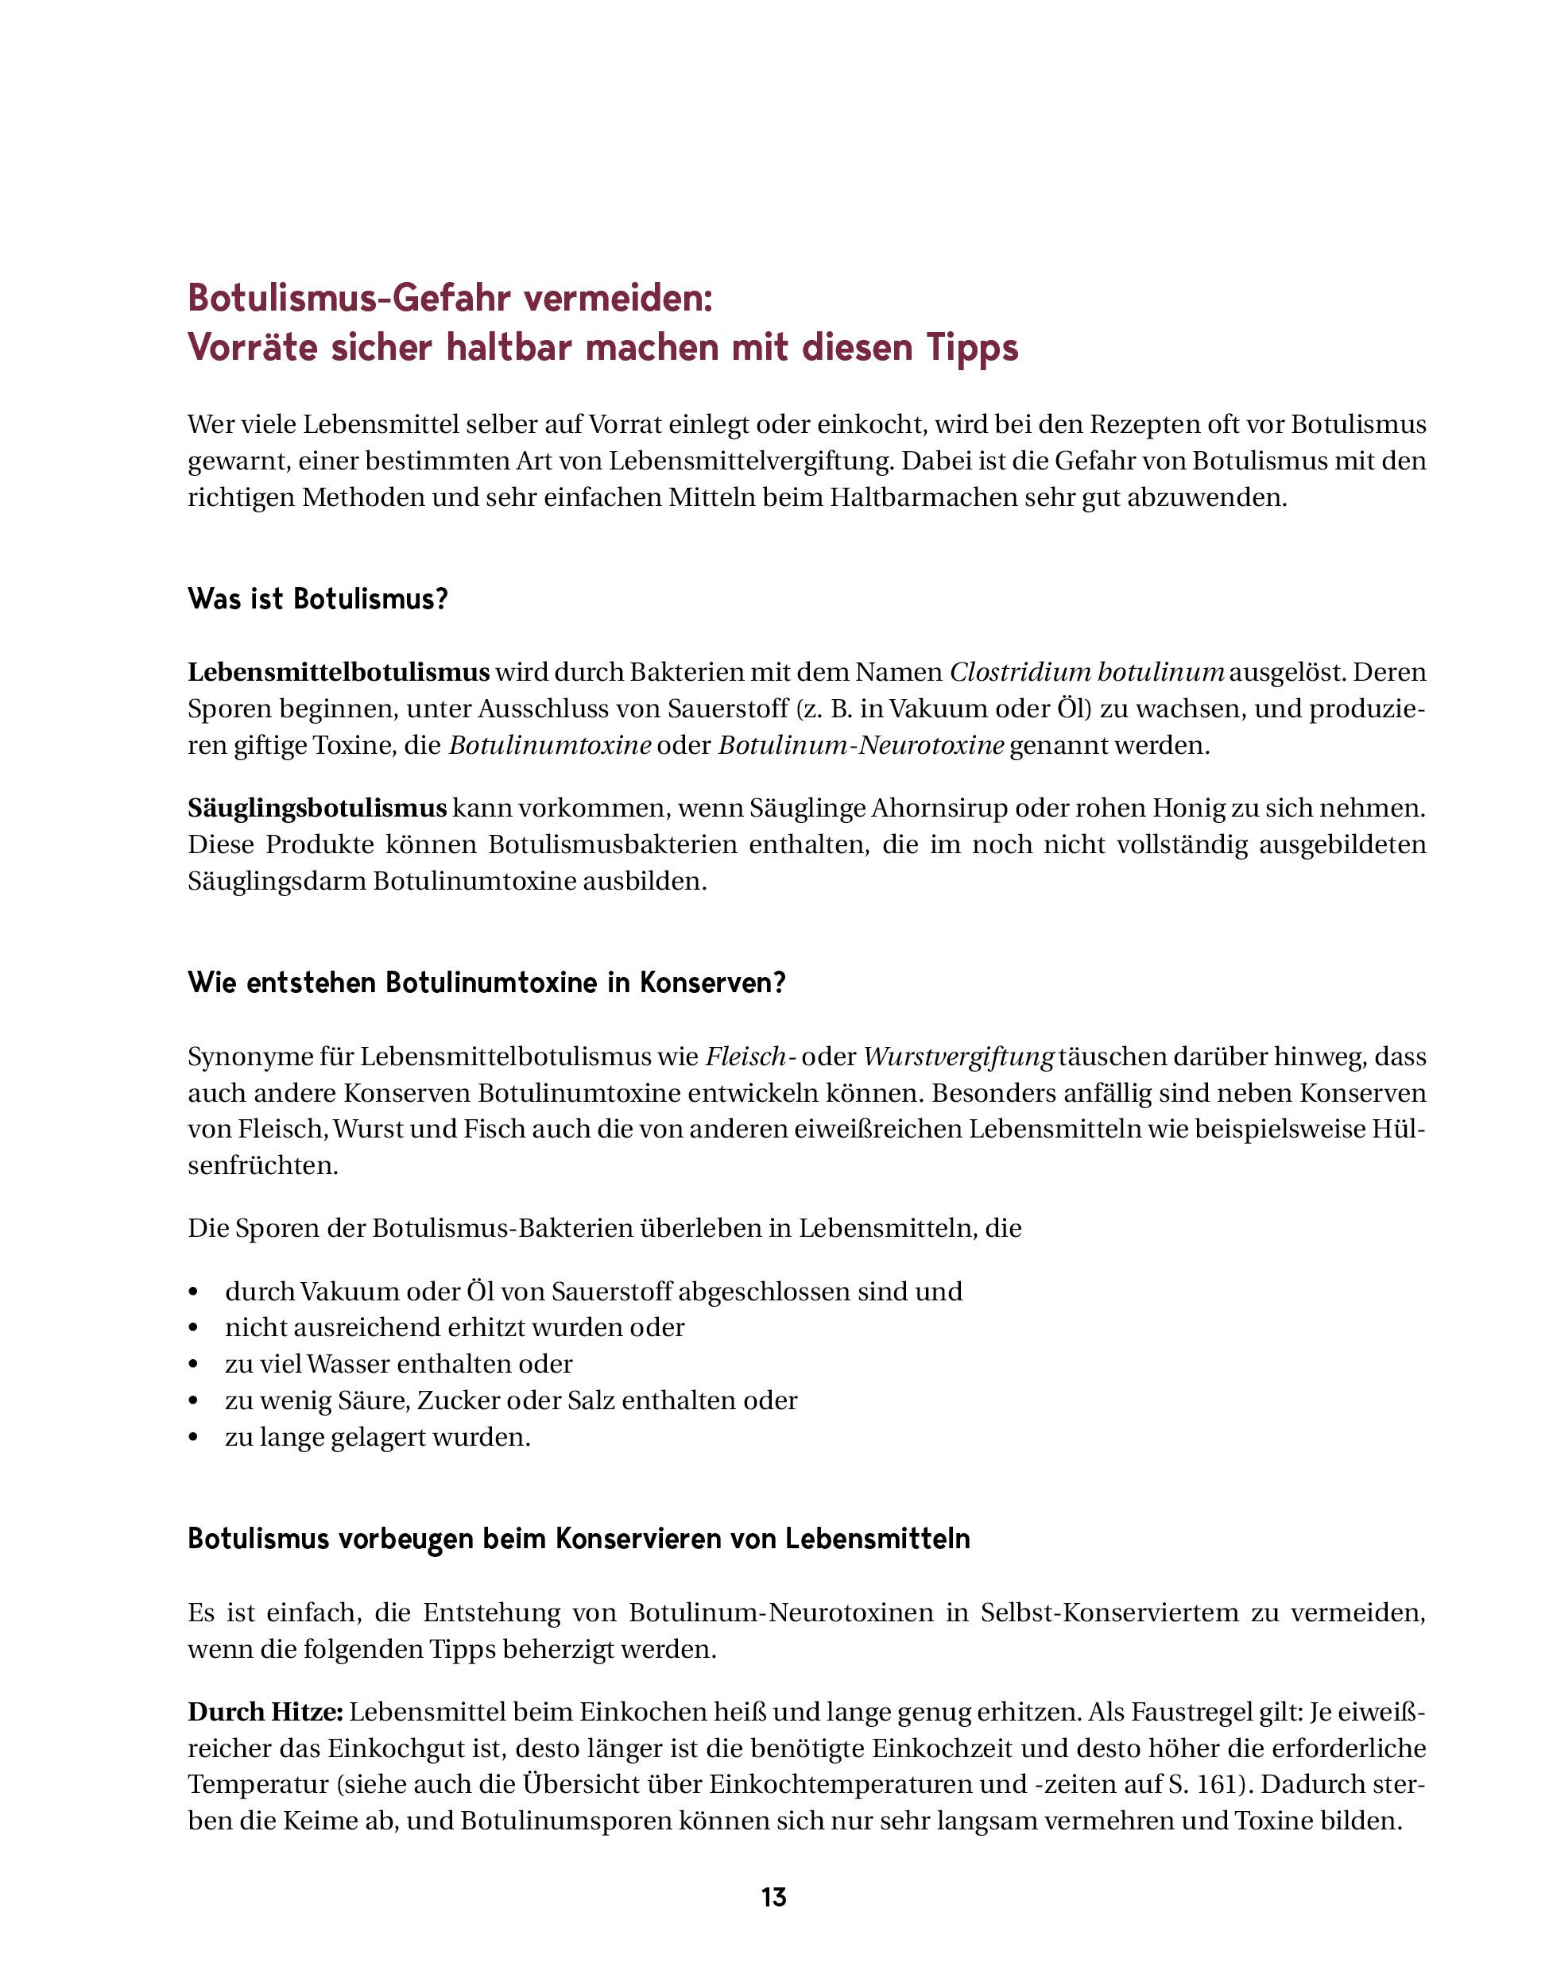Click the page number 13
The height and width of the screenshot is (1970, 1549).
(773, 1897)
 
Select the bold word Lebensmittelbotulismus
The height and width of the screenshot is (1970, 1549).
(339, 673)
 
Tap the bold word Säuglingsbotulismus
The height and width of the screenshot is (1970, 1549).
(317, 808)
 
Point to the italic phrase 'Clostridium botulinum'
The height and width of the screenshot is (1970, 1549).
(1086, 673)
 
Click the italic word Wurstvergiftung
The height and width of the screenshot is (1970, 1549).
(958, 1057)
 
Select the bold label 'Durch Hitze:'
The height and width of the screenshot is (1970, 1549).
(265, 1712)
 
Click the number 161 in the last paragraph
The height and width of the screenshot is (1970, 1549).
(1217, 1784)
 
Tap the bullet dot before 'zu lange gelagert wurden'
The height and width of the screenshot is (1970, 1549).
(192, 1438)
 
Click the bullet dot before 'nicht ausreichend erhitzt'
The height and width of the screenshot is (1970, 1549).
(192, 1328)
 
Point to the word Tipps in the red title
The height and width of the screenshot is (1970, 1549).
(971, 347)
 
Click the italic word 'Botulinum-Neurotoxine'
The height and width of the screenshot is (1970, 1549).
(861, 746)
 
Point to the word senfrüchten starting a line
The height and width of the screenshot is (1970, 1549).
(262, 1166)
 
